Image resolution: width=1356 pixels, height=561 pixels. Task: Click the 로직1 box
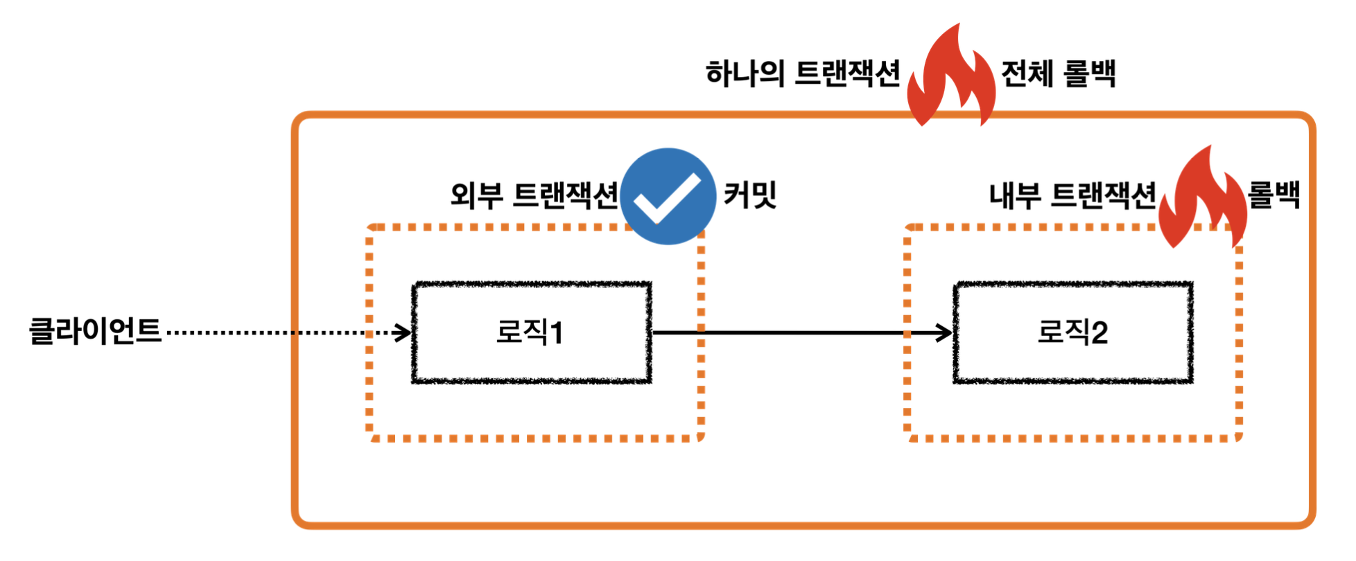pyautogui.click(x=532, y=332)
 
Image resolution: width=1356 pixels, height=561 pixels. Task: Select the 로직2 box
pyautogui.click(x=1073, y=332)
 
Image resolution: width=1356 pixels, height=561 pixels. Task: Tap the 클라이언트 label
pyautogui.click(x=95, y=331)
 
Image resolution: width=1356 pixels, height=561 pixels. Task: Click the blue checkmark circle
pyautogui.click(x=668, y=196)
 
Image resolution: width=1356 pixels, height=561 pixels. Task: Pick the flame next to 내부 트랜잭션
pyautogui.click(x=1203, y=199)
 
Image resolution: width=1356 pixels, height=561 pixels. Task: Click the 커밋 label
pyautogui.click(x=750, y=195)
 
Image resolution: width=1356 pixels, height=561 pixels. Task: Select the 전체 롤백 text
pyautogui.click(x=1059, y=73)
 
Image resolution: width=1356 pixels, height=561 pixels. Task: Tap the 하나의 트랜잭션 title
pyautogui.click(x=803, y=73)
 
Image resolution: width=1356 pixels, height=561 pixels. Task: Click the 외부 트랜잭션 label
pyautogui.click(x=534, y=195)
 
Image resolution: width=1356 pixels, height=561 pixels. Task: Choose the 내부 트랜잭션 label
pyautogui.click(x=1072, y=195)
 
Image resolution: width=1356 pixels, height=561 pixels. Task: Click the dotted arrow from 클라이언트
pyautogui.click(x=277, y=333)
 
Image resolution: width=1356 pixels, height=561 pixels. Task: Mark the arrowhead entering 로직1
pyautogui.click(x=403, y=333)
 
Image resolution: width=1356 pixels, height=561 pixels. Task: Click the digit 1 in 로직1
pyautogui.click(x=556, y=333)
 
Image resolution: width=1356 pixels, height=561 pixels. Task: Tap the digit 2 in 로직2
pyautogui.click(x=1099, y=333)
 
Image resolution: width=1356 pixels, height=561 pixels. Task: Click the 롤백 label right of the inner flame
pyautogui.click(x=1274, y=195)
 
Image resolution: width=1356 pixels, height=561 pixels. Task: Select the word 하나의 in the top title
pyautogui.click(x=745, y=73)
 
